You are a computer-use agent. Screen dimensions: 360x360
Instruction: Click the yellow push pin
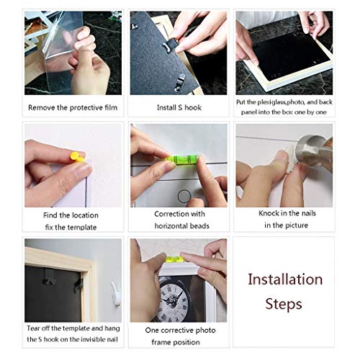(76, 157)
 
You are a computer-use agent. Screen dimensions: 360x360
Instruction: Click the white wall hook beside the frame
(116, 294)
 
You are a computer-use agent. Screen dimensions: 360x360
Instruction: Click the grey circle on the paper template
(184, 197)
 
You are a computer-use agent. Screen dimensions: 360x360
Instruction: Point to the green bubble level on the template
(183, 160)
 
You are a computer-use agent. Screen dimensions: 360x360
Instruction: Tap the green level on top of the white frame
(174, 259)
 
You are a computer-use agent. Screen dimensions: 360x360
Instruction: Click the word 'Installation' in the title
(285, 279)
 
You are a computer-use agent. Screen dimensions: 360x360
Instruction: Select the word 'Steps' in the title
(284, 305)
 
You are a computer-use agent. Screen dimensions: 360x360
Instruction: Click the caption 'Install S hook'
(179, 107)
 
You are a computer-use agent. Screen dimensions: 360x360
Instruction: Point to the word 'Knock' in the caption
(267, 213)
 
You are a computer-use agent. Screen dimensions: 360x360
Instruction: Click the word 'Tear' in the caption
(33, 328)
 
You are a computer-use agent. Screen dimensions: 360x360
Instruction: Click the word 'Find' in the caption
(50, 215)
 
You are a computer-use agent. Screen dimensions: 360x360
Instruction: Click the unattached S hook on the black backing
(179, 81)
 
